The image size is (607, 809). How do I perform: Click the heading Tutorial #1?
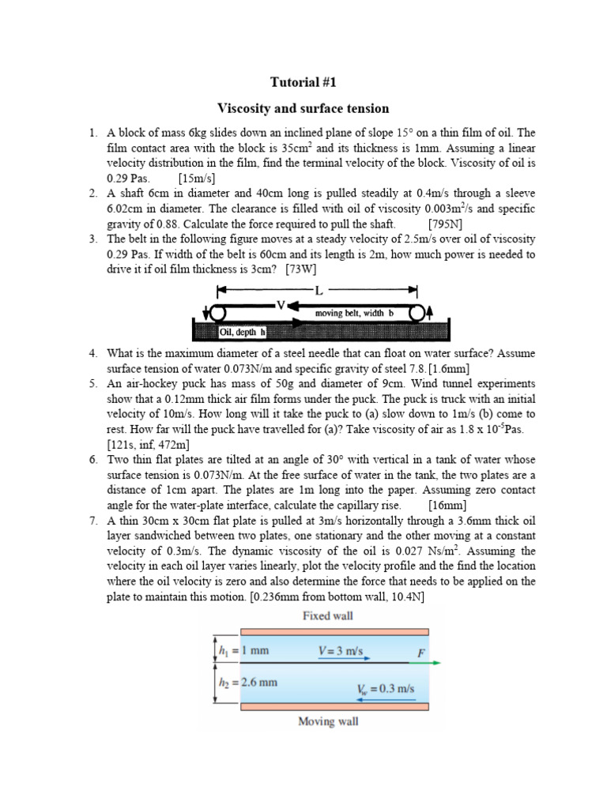[x=303, y=82]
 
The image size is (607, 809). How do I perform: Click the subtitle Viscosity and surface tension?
[x=303, y=108]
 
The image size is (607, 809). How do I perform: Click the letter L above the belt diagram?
[x=319, y=289]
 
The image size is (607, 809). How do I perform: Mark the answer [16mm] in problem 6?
[x=447, y=505]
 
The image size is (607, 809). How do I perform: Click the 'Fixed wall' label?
[x=328, y=615]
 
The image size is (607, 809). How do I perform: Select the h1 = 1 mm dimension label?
[x=246, y=651]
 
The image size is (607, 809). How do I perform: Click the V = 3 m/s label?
[x=341, y=652]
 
